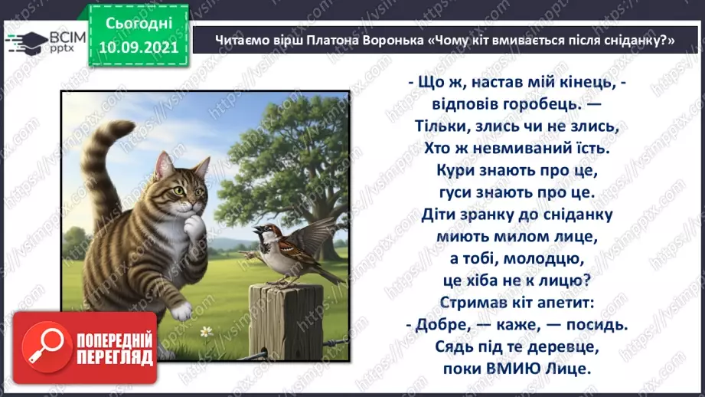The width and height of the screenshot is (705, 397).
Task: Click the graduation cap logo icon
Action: [22, 40]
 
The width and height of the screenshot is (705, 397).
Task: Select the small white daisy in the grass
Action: [205, 332]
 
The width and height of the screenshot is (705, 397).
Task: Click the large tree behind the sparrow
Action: [306, 176]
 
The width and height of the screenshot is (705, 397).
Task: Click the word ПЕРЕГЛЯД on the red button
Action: [114, 358]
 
